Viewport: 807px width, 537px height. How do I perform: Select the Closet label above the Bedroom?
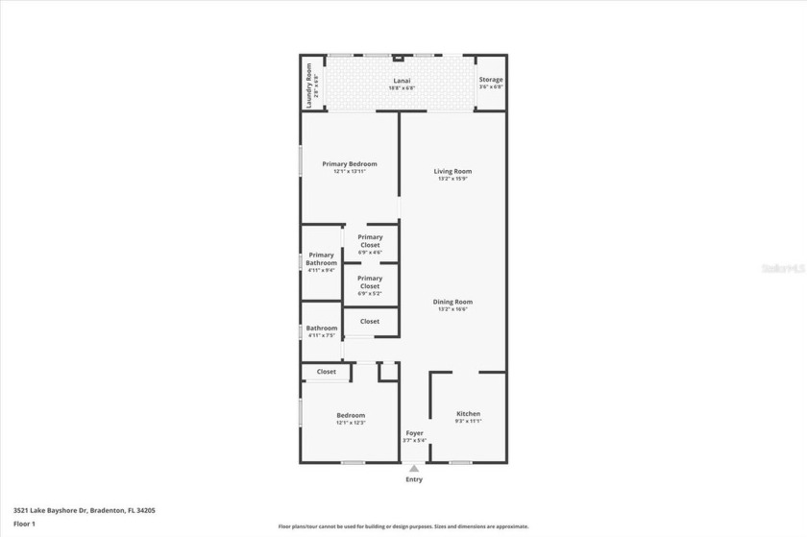pyautogui.click(x=327, y=372)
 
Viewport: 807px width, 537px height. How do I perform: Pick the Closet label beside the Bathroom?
pyautogui.click(x=370, y=321)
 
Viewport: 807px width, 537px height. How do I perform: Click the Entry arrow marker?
pyautogui.click(x=414, y=468)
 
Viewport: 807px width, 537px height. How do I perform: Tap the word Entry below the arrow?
pyautogui.click(x=414, y=478)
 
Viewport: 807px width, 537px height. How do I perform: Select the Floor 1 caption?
pyautogui.click(x=24, y=524)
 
